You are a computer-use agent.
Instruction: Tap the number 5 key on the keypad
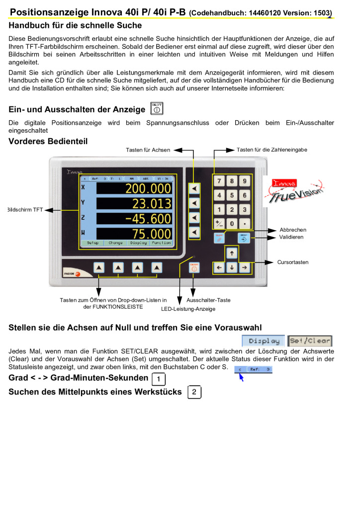(232, 195)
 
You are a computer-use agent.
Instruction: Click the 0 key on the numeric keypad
(232, 224)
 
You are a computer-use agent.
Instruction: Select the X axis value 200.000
(148, 189)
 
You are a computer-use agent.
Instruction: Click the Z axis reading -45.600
(148, 219)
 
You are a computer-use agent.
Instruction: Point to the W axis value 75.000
(148, 234)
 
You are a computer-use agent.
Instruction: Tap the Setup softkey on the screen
(92, 243)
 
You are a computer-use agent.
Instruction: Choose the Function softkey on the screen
(161, 243)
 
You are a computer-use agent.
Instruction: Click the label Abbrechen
(293, 230)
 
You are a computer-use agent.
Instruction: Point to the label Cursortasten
(293, 262)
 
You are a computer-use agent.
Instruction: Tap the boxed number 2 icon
(194, 392)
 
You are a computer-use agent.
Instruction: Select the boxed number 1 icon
(158, 379)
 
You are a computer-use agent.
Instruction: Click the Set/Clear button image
(310, 341)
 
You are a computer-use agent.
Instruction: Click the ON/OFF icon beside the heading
(157, 109)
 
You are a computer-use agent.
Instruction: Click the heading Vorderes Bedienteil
(48, 142)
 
